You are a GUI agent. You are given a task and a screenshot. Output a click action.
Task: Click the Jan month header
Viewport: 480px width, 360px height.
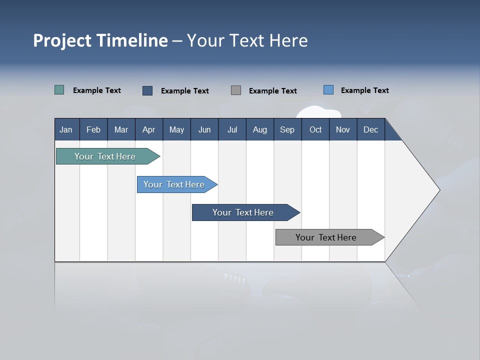66,129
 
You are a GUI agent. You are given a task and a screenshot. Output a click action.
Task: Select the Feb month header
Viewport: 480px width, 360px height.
93,129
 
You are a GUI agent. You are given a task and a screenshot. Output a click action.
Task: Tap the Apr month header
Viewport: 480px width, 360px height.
148,129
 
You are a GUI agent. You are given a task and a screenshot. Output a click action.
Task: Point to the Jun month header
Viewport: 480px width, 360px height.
204,129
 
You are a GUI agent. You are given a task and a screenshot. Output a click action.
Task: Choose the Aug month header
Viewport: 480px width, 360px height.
259,129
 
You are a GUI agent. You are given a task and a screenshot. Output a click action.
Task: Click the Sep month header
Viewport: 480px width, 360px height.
287,129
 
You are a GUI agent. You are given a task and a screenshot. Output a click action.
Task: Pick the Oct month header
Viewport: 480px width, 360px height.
315,129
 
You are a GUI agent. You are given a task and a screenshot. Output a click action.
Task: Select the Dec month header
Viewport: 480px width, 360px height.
370,129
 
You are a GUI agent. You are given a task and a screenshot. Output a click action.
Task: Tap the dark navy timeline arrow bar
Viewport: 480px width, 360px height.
243,212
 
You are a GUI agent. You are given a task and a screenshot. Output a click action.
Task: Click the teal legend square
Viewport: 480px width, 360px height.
59,90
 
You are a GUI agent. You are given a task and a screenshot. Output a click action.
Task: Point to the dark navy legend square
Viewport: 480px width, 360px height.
147,90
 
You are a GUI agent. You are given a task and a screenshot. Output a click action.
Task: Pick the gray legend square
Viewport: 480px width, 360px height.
236,90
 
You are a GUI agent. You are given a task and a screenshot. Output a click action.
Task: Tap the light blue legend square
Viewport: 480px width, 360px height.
328,90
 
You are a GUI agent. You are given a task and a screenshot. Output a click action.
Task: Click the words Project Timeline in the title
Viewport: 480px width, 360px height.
100,40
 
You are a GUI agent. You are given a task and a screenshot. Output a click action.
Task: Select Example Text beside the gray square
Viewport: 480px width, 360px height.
273,90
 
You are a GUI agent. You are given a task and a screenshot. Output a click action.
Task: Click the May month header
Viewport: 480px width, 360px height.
176,129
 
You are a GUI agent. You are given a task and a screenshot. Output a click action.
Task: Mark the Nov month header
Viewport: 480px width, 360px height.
343,129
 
